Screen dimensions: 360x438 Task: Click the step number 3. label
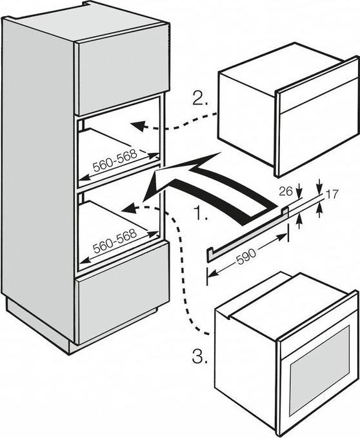point(200,357)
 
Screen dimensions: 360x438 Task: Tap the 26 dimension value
point(286,191)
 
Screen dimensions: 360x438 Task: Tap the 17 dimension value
point(332,194)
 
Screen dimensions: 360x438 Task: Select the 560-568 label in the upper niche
point(115,160)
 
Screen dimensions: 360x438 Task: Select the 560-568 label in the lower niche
point(115,241)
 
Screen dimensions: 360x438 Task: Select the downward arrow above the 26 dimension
point(299,190)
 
